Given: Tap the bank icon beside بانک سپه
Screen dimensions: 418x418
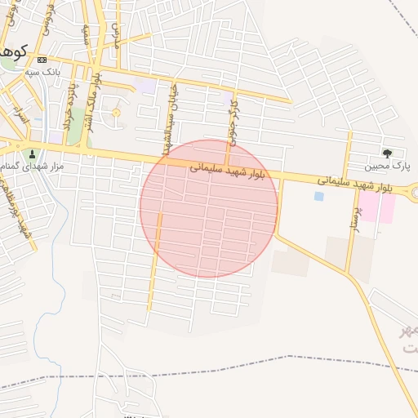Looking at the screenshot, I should (x=42, y=60).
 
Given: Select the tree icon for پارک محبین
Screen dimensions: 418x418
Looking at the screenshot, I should (x=387, y=153).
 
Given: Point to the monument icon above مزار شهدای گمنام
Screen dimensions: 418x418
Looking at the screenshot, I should (x=33, y=153).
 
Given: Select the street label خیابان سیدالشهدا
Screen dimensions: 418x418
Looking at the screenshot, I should (x=170, y=118).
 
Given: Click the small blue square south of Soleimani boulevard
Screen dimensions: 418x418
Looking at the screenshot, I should (x=318, y=196).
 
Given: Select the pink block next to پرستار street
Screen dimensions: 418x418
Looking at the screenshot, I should (x=378, y=207).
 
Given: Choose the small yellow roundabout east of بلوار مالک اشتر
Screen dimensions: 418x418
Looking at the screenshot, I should (x=115, y=113).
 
